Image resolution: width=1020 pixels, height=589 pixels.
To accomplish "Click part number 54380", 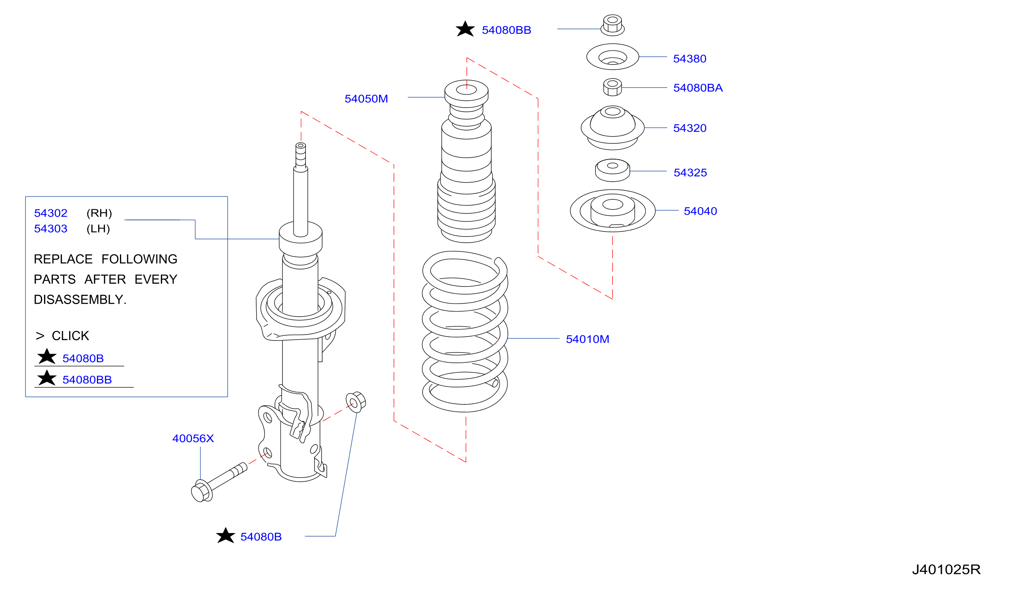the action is [690, 59].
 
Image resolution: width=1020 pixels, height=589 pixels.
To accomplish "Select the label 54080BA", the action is [698, 88].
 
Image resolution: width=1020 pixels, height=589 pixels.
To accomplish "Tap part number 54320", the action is [690, 128].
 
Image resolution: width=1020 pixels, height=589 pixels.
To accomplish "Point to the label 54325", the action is [690, 173].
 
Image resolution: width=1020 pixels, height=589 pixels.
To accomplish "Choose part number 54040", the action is [700, 211].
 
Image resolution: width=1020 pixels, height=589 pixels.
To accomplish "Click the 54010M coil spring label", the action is [587, 339].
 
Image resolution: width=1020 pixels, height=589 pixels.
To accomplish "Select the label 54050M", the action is [366, 99].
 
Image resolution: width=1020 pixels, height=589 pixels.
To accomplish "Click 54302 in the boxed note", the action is [50, 213].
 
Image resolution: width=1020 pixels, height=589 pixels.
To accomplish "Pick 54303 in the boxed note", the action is [50, 229].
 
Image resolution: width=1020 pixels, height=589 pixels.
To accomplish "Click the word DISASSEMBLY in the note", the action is [80, 300].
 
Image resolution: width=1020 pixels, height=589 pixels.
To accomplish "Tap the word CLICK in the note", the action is [70, 336].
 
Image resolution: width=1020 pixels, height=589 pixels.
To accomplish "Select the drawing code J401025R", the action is [947, 570].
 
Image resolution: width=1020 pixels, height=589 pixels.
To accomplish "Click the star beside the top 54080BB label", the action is [465, 29].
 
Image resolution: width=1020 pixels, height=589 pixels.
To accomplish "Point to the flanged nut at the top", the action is [612, 25].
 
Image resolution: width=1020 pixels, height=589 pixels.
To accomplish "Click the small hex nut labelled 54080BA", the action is [612, 87].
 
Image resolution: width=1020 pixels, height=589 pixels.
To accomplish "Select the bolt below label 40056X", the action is [218, 482].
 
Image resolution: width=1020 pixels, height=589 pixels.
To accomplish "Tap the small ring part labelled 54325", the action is [612, 171].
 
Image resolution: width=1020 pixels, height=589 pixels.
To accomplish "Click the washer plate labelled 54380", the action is [612, 57].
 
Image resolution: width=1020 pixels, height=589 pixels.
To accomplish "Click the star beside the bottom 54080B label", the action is [226, 536].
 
